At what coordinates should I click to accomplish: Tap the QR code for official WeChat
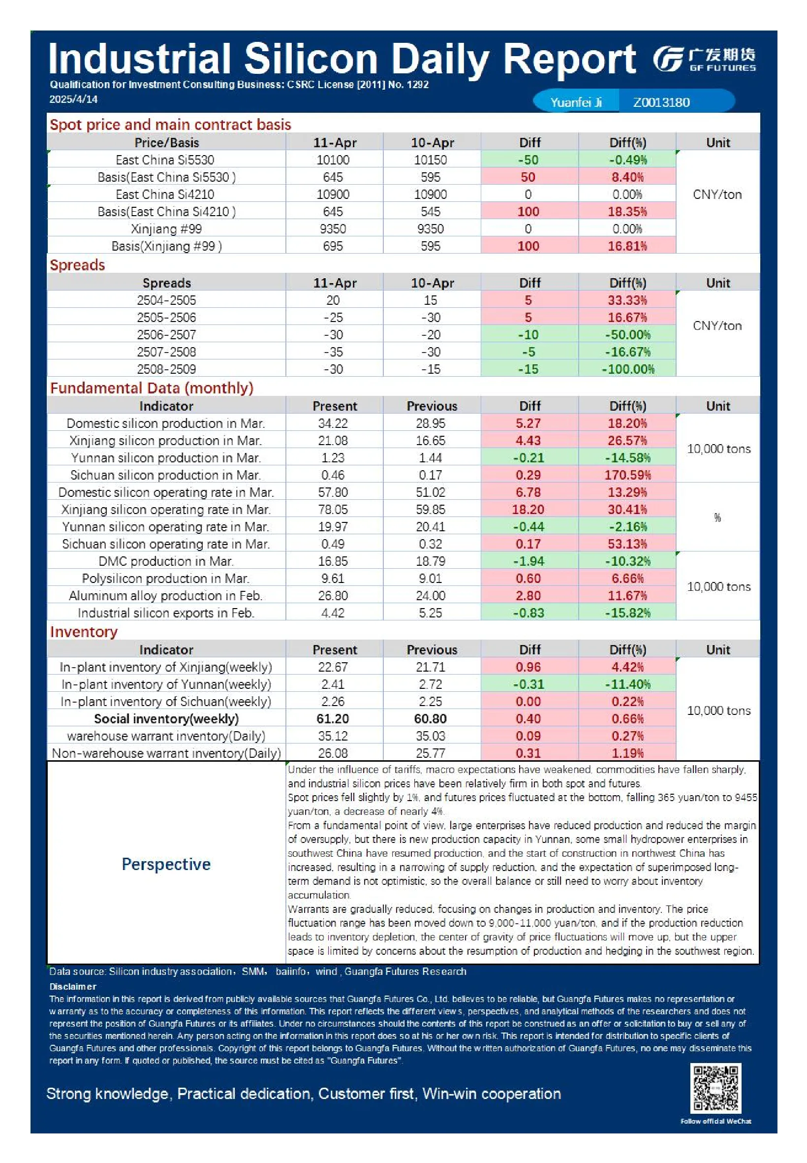pos(715,1088)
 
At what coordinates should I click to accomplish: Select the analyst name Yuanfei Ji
pos(576,102)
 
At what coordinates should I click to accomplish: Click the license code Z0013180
pos(661,102)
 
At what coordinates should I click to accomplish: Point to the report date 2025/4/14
pos(73,99)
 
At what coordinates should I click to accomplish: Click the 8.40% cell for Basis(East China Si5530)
pos(627,177)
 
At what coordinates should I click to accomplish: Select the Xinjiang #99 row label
pos(166,228)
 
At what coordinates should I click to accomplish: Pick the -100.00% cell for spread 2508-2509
pos(627,369)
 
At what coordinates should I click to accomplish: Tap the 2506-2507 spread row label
pos(166,334)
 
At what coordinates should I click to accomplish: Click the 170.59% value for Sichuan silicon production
pos(627,475)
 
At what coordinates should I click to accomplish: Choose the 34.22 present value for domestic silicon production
pos(333,423)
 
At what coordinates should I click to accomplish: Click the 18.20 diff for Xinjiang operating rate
pos(528,510)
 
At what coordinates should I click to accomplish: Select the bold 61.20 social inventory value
pos(333,719)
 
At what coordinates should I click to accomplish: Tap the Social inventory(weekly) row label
pos(166,719)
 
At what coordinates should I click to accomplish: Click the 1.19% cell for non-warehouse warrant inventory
pos(627,753)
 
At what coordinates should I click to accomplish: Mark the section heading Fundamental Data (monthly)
pos(152,388)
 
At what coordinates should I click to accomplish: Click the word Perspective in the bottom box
pos(166,865)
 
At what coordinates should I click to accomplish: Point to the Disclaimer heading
pos(73,986)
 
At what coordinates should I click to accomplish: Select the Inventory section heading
pos(84,632)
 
